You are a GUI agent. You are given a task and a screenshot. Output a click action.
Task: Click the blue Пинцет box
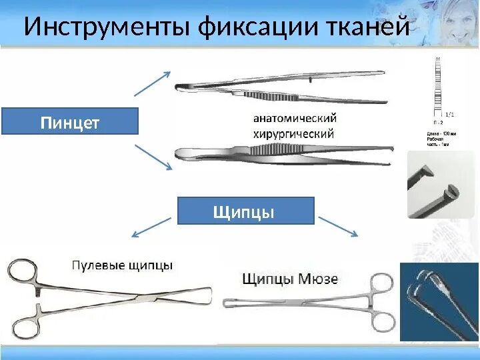(x=70, y=122)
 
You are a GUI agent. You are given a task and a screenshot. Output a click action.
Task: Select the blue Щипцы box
(x=245, y=211)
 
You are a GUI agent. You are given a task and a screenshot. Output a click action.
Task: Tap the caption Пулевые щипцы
(x=122, y=265)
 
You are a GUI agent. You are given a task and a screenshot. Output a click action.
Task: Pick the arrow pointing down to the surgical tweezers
(x=153, y=157)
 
